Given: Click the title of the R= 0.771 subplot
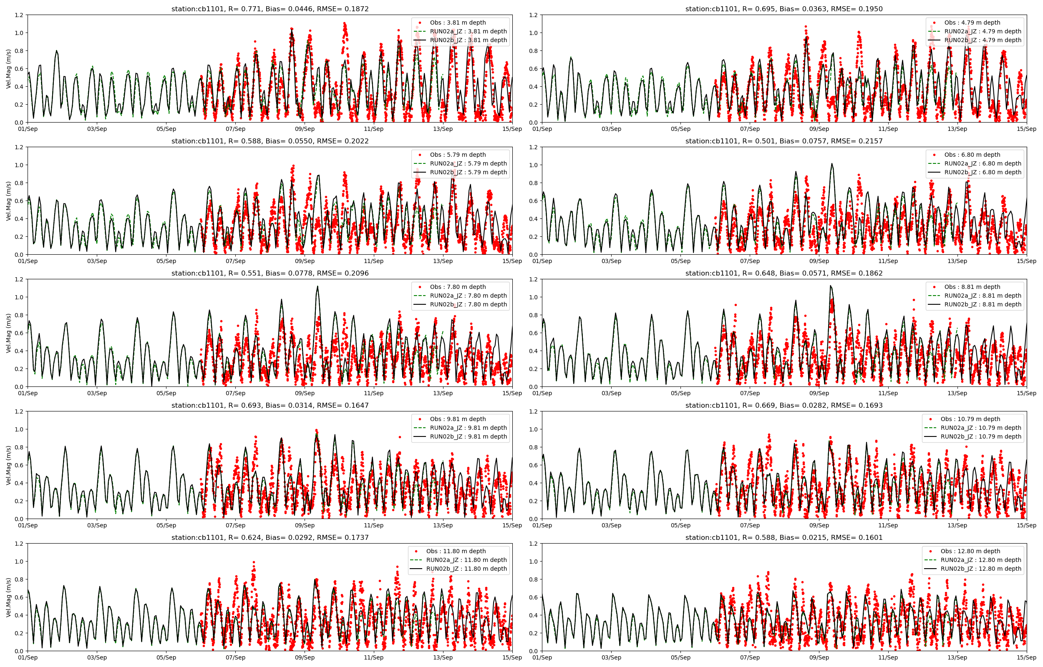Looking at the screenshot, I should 270,9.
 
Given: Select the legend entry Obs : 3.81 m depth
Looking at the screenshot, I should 458,23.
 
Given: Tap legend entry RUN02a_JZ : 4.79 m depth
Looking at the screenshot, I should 983,31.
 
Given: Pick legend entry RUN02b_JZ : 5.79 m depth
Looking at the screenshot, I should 468,173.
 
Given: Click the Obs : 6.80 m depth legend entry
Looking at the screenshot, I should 972,155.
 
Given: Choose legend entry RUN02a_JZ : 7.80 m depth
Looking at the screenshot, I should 468,296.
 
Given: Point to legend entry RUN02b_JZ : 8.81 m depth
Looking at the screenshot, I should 983,304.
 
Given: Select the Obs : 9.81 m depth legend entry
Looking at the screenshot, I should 458,419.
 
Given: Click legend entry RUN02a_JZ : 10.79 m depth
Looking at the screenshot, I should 980,428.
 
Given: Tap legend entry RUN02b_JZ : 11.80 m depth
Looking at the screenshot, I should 466,569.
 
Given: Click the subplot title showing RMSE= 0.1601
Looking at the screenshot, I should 784,537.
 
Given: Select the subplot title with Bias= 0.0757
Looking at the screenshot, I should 784,141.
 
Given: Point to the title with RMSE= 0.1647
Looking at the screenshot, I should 270,405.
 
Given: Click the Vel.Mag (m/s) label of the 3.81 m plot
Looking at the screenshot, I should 8,69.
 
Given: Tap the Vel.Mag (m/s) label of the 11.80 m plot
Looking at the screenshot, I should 8,597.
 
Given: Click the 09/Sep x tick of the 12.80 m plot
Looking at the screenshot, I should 819,657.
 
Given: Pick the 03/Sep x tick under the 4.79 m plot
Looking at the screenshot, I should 611,129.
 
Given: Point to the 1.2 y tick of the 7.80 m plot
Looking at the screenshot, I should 19,279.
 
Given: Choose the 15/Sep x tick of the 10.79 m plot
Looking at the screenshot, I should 1026,525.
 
